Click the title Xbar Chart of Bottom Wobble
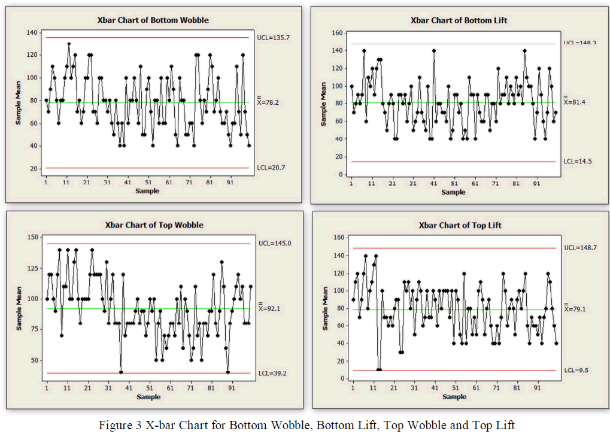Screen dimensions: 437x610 click(x=153, y=20)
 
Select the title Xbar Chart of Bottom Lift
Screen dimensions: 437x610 click(x=459, y=20)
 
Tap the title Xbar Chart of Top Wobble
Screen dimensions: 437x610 click(x=154, y=225)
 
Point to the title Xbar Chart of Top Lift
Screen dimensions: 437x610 click(x=460, y=226)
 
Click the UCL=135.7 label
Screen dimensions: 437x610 click(x=274, y=37)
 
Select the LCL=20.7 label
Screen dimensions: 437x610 click(x=272, y=168)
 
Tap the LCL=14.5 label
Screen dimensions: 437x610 click(x=576, y=162)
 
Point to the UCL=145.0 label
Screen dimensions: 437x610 click(x=274, y=244)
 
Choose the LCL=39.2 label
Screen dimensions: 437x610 click(x=272, y=373)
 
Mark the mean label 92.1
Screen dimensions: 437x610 click(x=271, y=309)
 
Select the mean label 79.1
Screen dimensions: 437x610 click(x=575, y=309)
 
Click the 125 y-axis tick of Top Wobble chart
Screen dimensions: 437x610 click(x=33, y=269)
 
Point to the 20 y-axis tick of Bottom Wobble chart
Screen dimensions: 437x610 click(x=35, y=168)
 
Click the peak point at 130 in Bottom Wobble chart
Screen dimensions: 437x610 click(x=69, y=44)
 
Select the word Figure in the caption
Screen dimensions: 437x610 click(x=114, y=426)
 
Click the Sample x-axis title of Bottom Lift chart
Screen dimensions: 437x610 click(x=453, y=192)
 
